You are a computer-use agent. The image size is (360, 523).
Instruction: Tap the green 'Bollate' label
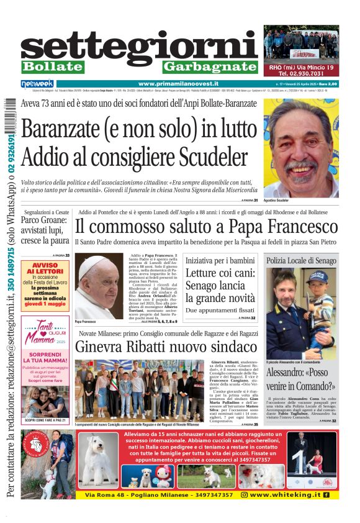(53, 66)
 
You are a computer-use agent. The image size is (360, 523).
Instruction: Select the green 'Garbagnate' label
(210, 66)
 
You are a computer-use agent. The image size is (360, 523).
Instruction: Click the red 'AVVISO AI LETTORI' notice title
(45, 268)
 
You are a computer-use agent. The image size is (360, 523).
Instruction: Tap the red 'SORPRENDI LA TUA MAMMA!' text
(45, 358)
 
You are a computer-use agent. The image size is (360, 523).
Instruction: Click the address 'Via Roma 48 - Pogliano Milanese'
(159, 494)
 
